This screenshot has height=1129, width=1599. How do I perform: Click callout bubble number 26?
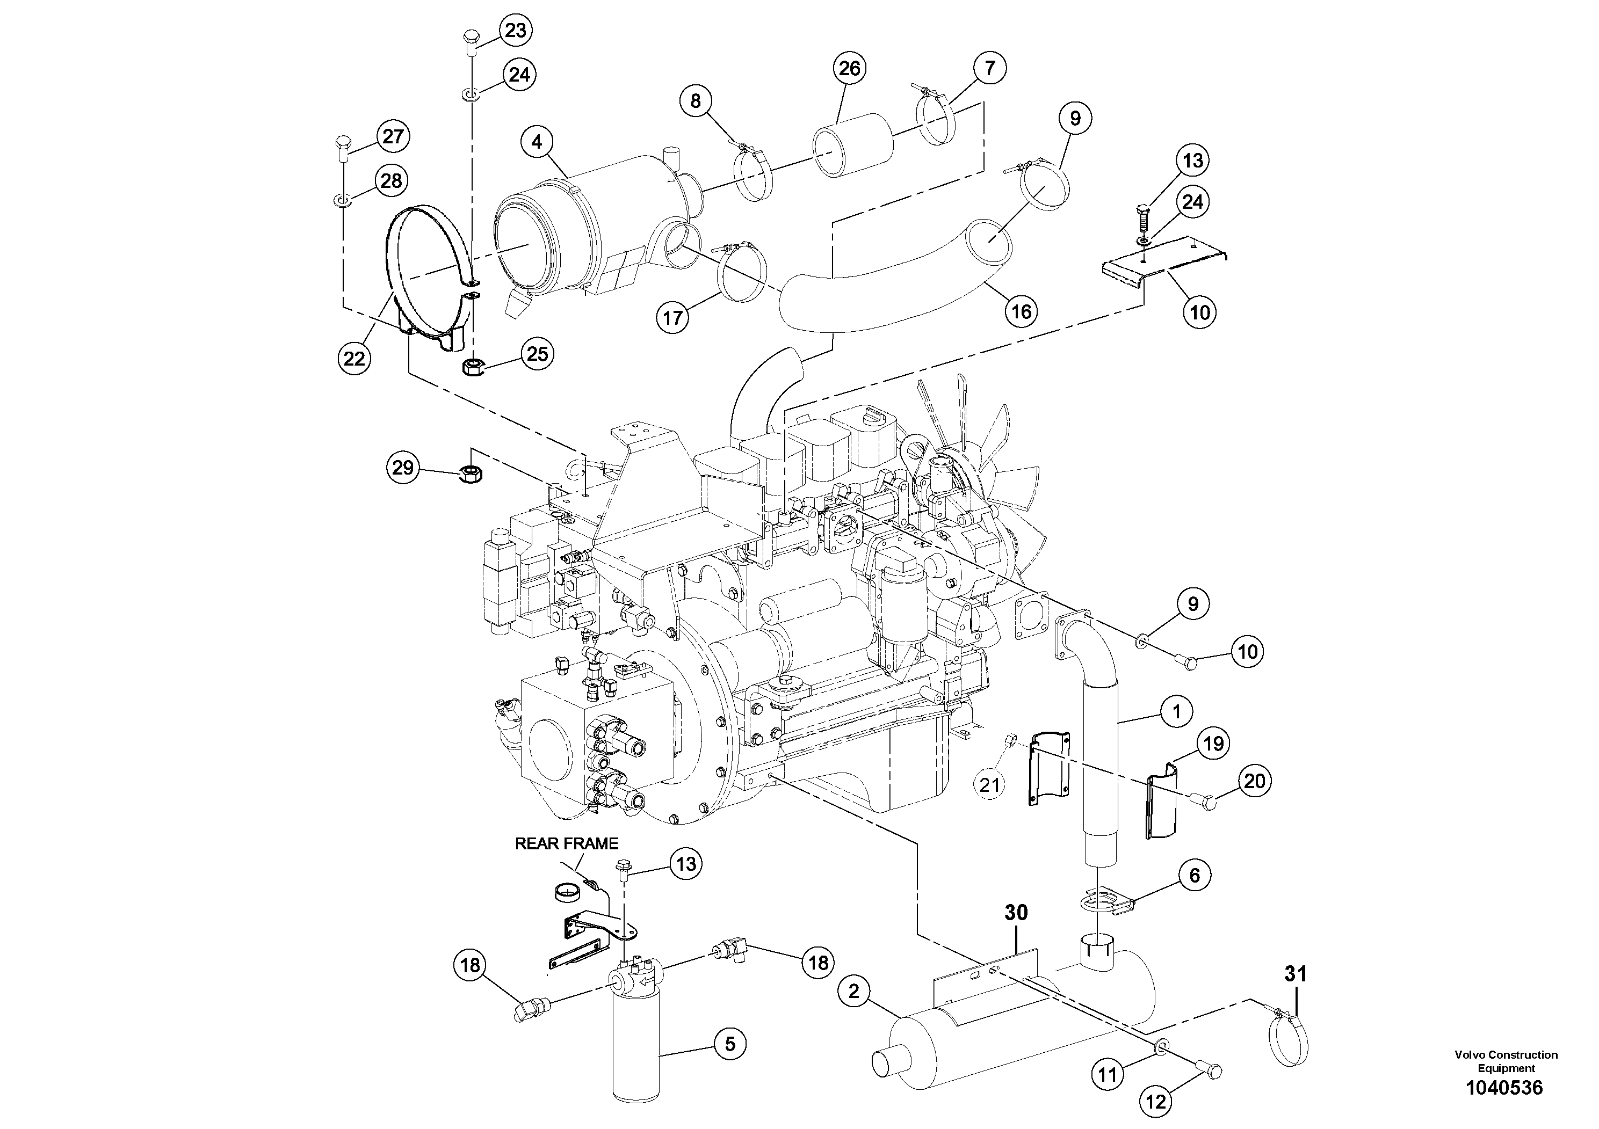tap(849, 68)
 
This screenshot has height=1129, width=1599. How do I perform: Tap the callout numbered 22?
tap(354, 359)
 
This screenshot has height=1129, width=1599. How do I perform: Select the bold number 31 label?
tap(1296, 974)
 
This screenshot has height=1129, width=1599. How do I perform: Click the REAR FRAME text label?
tap(566, 843)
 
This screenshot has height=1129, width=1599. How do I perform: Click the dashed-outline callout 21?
tap(989, 785)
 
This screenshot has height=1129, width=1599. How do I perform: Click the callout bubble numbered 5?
tap(730, 1044)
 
